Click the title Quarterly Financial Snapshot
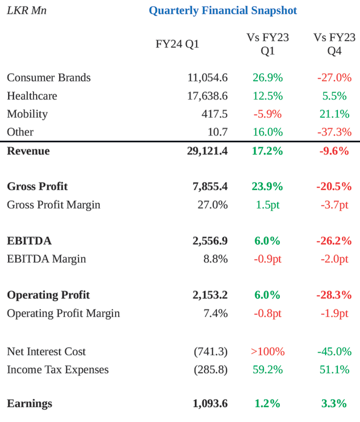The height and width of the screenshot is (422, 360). tap(223, 10)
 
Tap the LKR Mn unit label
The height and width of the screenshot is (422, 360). tap(26, 10)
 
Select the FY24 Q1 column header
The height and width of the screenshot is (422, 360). tap(177, 44)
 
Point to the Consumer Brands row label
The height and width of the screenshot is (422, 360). tap(48, 78)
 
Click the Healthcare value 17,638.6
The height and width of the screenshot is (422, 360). tap(207, 96)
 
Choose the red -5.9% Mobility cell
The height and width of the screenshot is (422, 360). tap(267, 114)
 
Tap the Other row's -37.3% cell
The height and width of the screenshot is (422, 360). tap(334, 132)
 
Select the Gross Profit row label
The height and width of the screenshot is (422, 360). tap(37, 186)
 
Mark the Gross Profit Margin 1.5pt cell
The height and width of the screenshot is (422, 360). tap(267, 205)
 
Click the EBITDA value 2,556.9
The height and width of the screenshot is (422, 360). tap(210, 241)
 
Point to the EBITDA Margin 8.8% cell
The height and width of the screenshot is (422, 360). tap(215, 259)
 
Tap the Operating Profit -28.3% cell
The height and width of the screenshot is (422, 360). tap(334, 295)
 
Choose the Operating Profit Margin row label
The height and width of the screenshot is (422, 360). tap(63, 313)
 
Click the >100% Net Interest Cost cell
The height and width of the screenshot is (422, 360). tap(267, 352)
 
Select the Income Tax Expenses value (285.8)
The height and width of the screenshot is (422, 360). tap(211, 370)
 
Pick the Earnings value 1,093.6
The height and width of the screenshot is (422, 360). tap(210, 404)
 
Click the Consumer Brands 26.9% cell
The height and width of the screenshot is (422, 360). tap(267, 78)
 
